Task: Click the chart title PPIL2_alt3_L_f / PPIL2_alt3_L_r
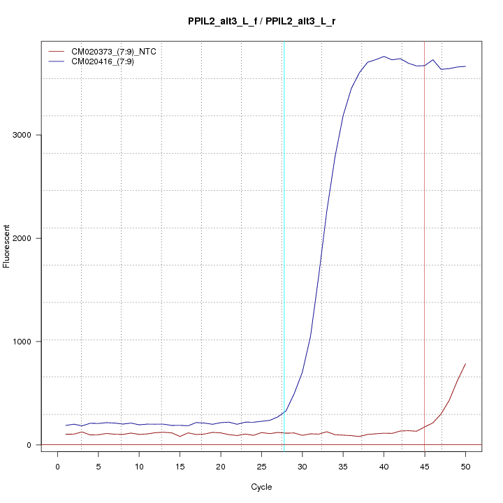[x=262, y=21]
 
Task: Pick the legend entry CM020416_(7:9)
[x=108, y=61]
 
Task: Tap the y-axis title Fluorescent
[x=7, y=246]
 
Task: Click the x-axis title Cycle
[x=262, y=486]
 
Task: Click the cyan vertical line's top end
[x=284, y=42]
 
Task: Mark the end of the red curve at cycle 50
[x=465, y=364]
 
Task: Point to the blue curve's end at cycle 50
[x=465, y=66]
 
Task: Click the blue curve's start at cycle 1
[x=66, y=425]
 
